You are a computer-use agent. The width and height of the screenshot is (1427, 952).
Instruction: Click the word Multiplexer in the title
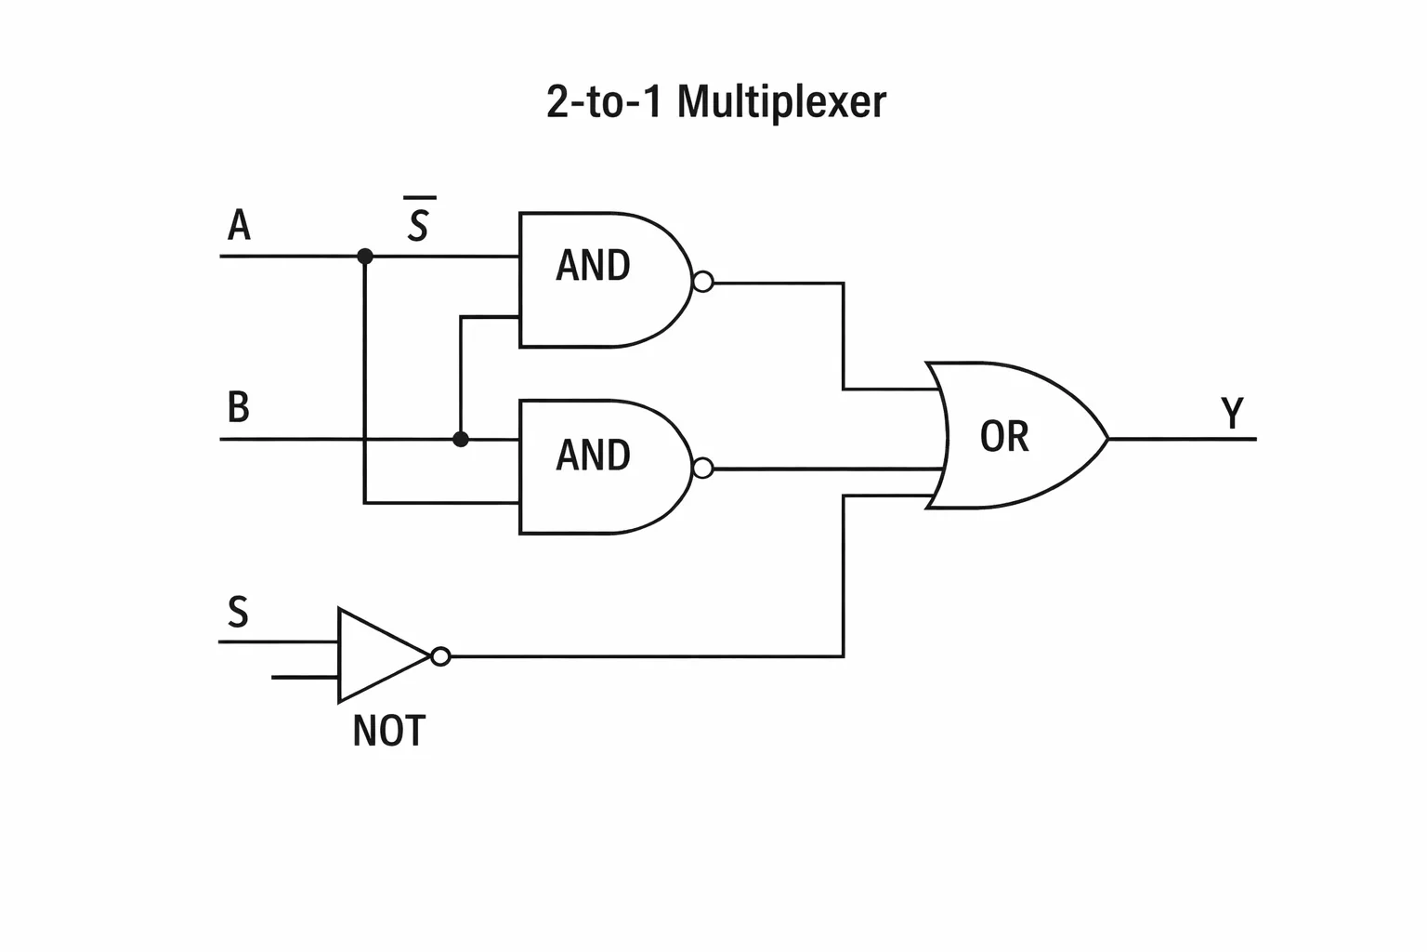coord(781,102)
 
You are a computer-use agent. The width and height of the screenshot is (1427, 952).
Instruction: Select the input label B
coord(238,407)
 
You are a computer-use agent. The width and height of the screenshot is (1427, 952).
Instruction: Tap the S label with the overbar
coord(419,219)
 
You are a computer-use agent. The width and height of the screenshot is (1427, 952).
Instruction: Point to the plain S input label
coord(238,612)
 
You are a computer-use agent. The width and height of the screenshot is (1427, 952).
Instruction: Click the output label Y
coord(1232,413)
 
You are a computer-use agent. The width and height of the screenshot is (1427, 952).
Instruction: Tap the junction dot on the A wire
coord(365,257)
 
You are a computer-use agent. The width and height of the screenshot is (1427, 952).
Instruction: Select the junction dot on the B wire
coord(461,439)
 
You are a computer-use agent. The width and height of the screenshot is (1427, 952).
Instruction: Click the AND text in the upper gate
coord(593,265)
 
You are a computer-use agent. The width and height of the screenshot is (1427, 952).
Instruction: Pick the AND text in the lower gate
coord(593,455)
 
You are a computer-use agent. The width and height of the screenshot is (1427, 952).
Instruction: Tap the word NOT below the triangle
coord(388,731)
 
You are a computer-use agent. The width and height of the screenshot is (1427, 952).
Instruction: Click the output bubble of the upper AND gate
coord(703,281)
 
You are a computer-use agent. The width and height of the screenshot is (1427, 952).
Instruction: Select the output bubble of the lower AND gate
coord(702,468)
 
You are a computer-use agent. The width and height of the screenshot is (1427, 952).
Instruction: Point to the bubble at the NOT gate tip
coord(441,656)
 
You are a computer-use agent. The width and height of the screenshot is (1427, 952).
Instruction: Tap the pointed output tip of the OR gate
coord(1108,439)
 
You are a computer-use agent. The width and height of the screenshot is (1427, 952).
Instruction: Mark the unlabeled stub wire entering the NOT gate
coord(305,677)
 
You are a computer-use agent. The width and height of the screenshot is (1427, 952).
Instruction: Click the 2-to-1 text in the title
coord(603,102)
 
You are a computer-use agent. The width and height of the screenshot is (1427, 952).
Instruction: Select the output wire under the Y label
coord(1183,439)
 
